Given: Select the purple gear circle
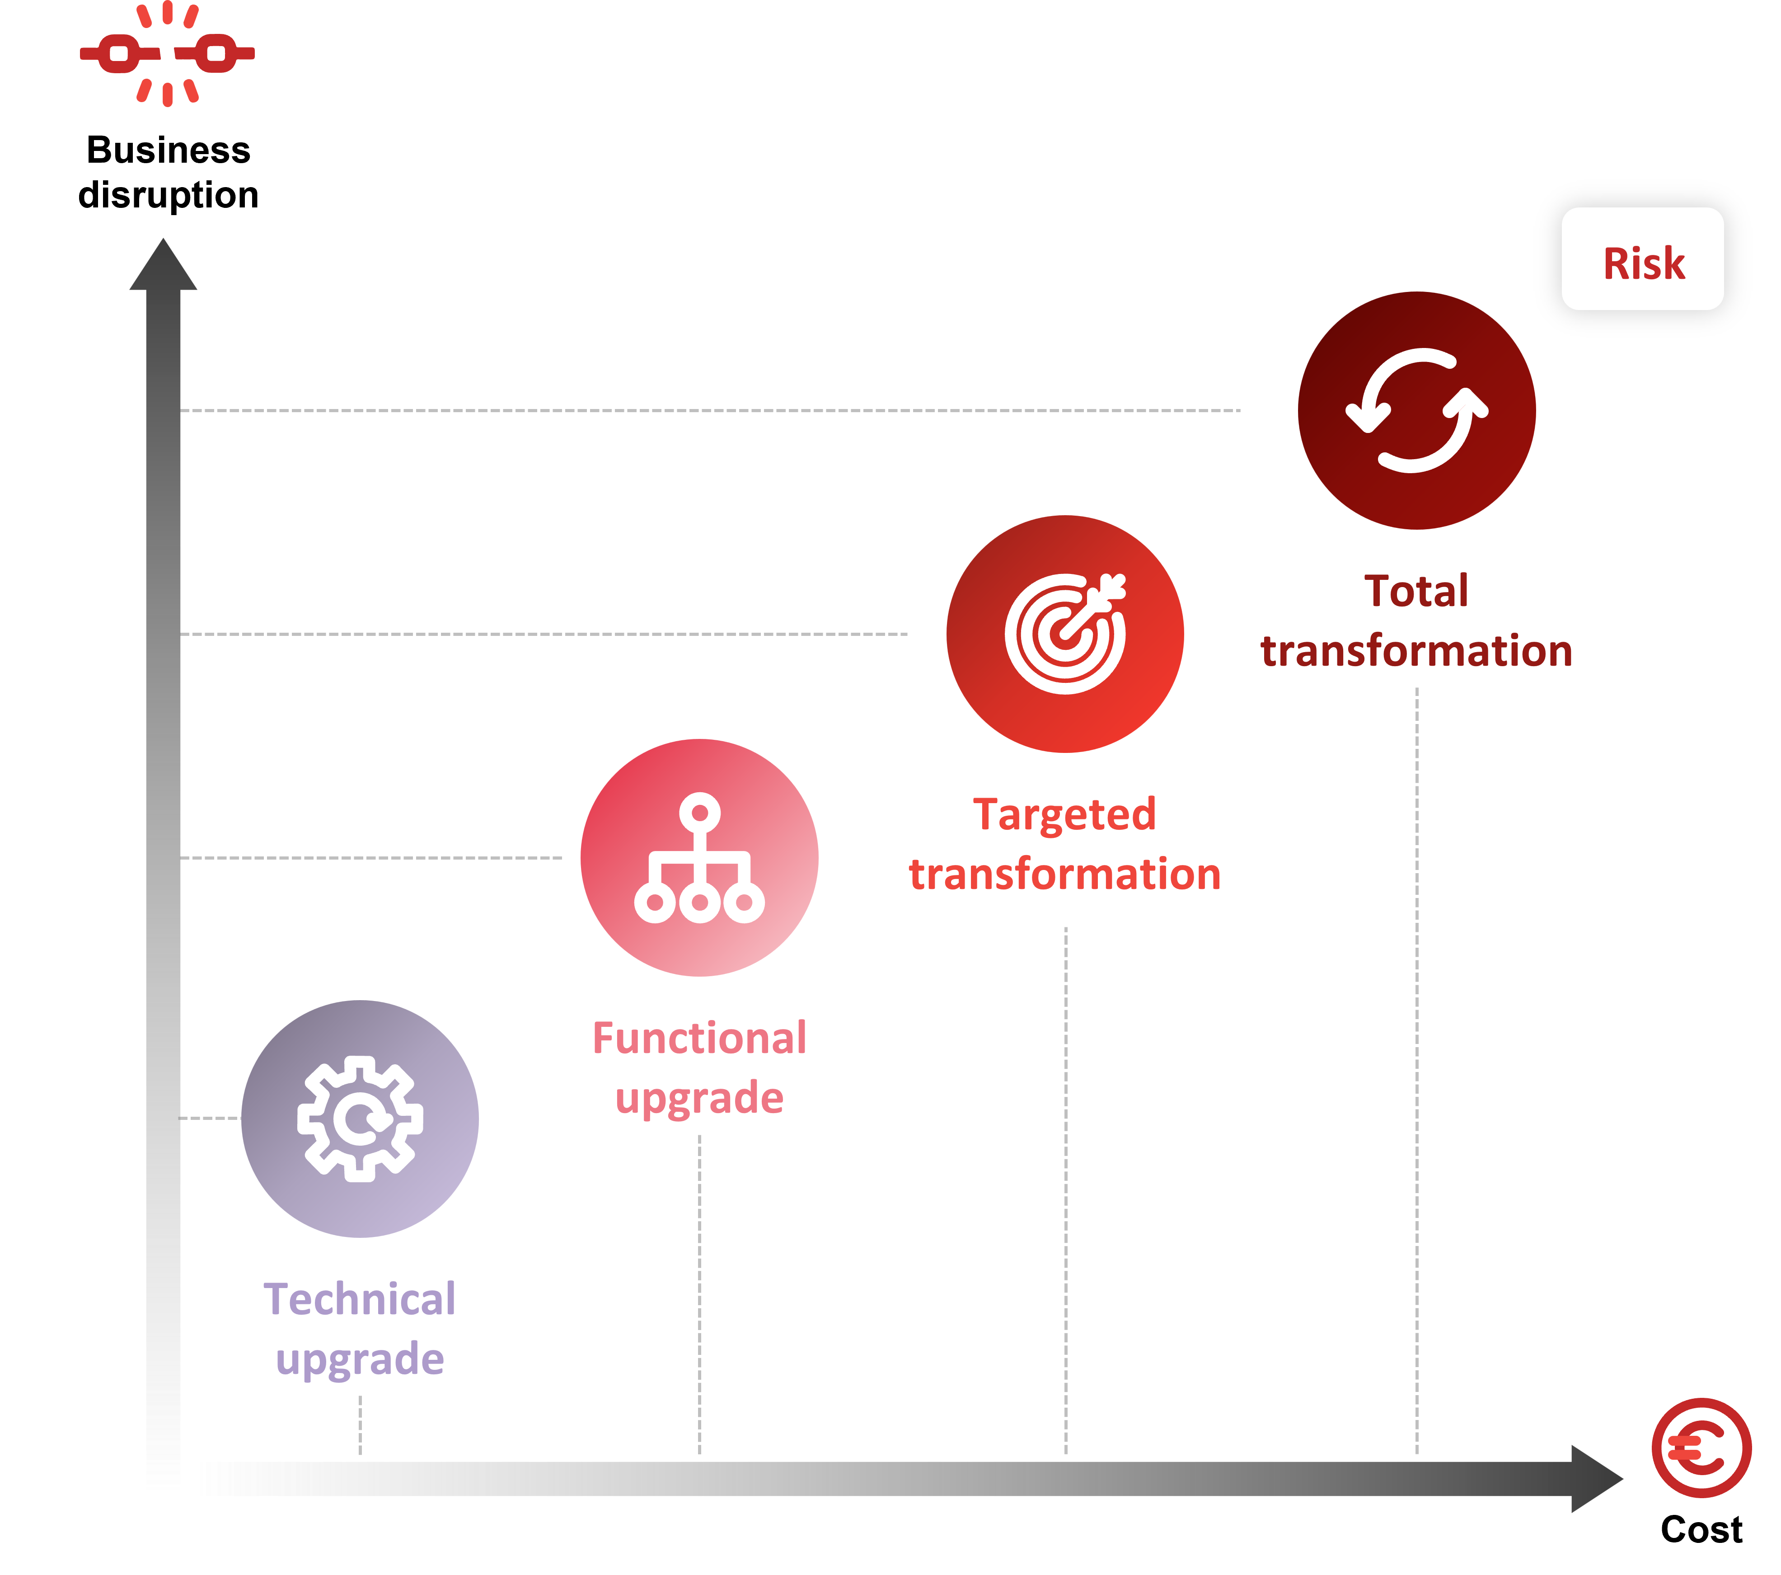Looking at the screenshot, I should click(360, 1118).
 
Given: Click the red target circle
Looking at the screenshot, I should click(1065, 634).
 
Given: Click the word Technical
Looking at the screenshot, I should click(360, 1299).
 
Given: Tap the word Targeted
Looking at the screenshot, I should click(1065, 814).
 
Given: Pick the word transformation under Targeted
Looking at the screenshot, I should click(1065, 874).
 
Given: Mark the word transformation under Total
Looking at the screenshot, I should click(1417, 651).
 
